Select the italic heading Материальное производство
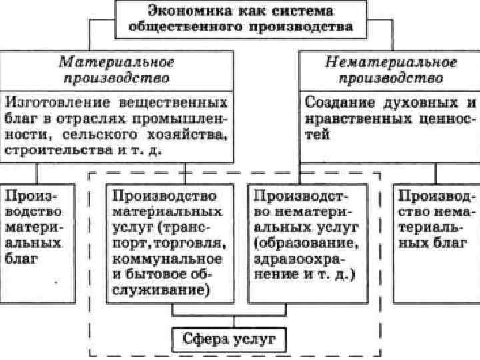pyautogui.click(x=117, y=69)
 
